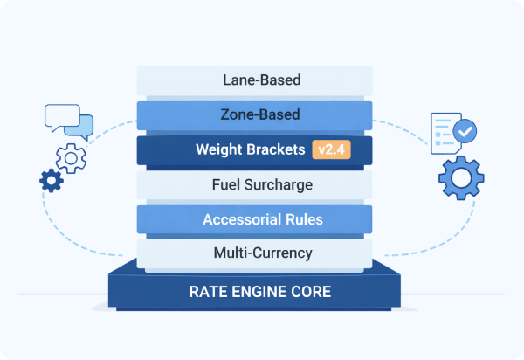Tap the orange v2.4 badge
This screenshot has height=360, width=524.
(x=331, y=149)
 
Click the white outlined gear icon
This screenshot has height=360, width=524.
(x=69, y=158)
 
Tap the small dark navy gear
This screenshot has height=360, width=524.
(x=51, y=181)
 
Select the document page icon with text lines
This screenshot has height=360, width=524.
(x=445, y=131)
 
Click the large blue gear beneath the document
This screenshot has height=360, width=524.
(x=460, y=178)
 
